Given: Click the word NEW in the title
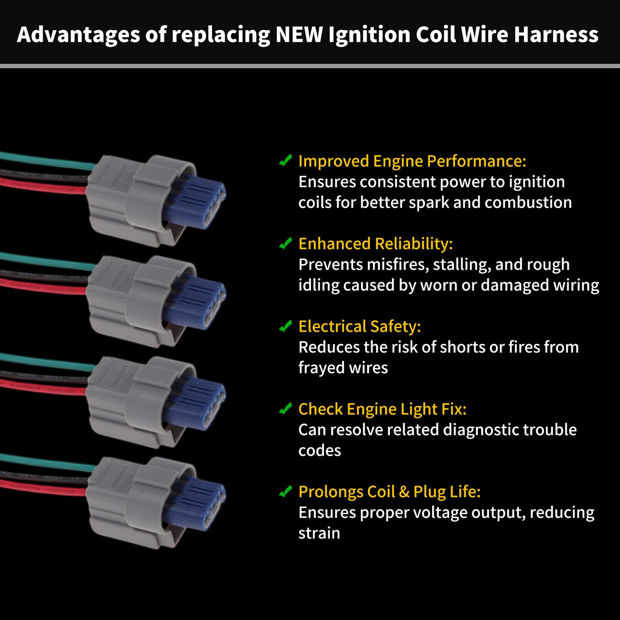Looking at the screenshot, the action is (x=299, y=34).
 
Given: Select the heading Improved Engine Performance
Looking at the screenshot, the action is (x=412, y=161).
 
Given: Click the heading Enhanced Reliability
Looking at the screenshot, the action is (x=375, y=244).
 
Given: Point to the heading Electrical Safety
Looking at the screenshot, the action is (x=360, y=326).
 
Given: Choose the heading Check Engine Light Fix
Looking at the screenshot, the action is (x=382, y=409).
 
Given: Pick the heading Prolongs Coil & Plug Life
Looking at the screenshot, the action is (x=389, y=492).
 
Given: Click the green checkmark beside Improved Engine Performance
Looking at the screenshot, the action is (x=285, y=160).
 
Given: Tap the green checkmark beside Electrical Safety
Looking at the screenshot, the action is (x=285, y=326).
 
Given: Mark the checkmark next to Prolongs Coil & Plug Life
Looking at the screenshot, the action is (x=285, y=491).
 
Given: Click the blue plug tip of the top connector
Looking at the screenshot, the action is (x=196, y=201).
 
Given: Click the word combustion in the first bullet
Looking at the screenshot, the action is (x=528, y=203).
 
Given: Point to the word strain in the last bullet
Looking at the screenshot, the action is (x=319, y=533).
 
